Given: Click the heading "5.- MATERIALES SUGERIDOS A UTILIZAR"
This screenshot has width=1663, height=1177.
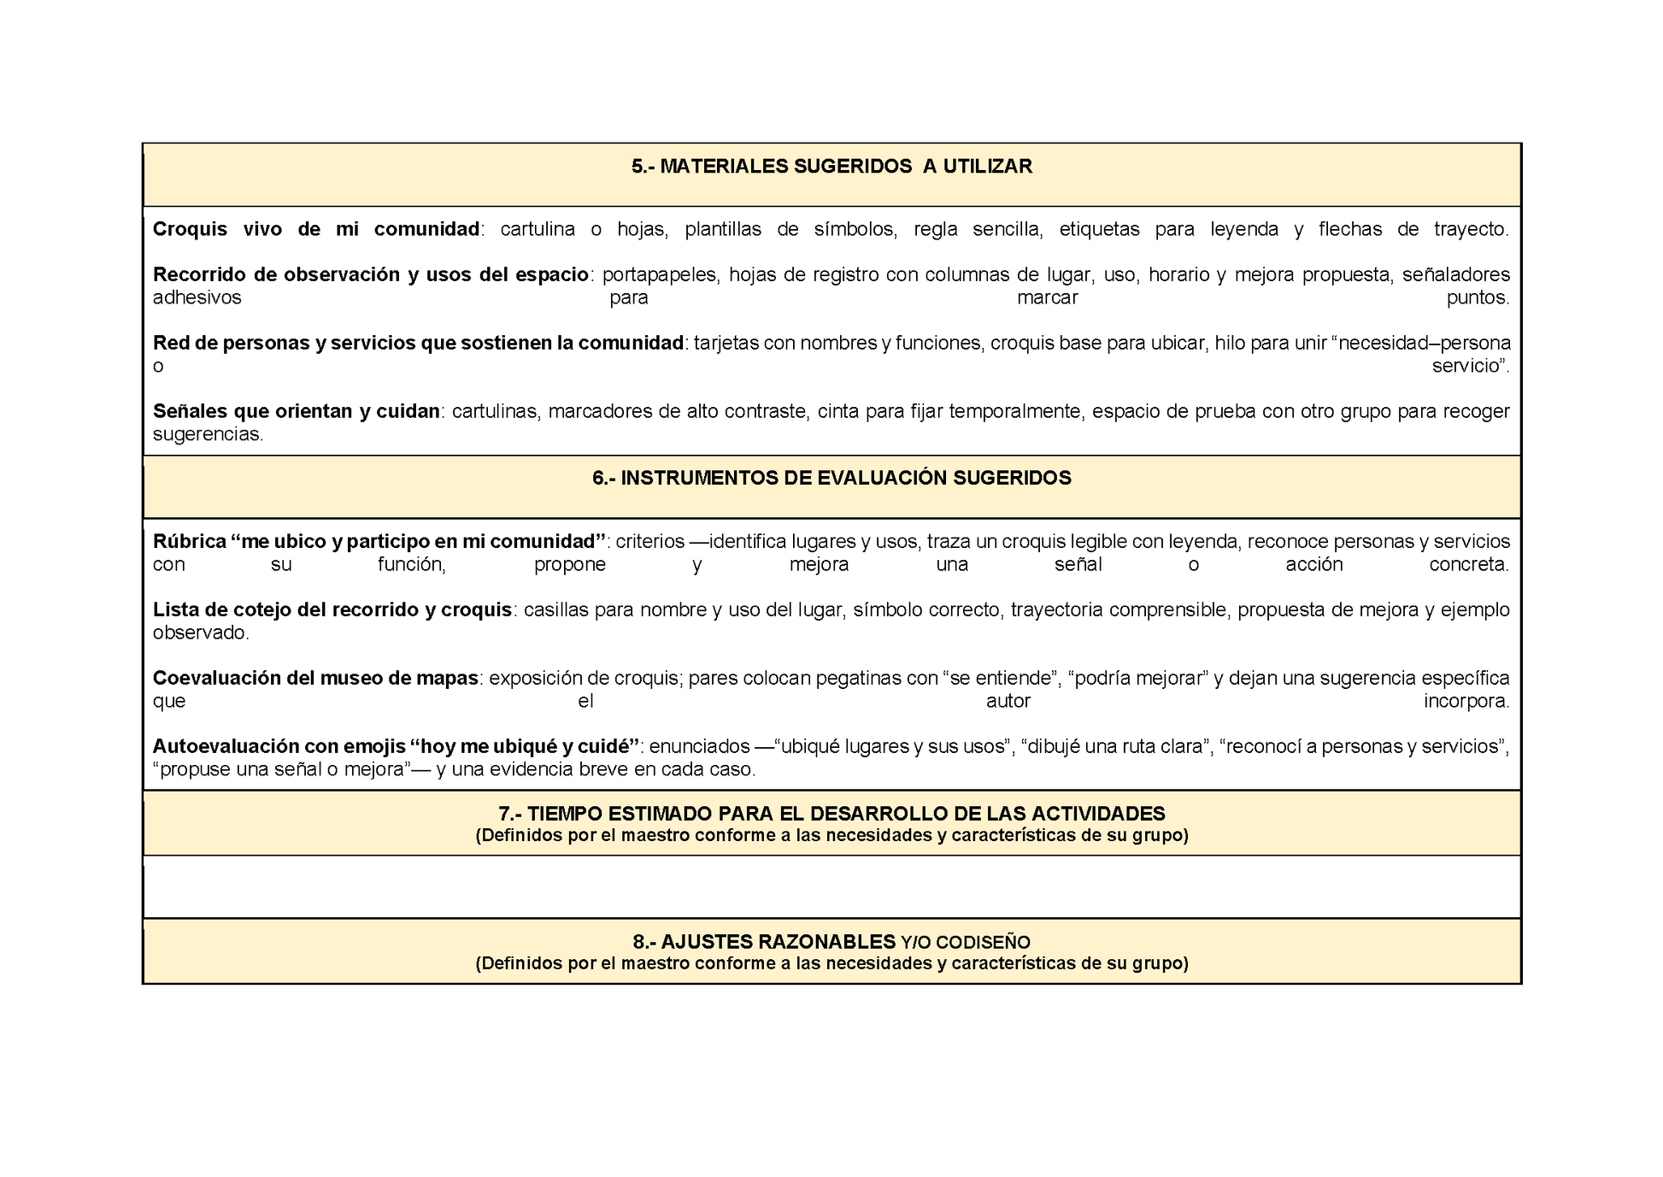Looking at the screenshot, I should coord(831,167).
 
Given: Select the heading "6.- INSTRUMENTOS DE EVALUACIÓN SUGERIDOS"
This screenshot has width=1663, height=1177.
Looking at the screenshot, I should coord(831,478).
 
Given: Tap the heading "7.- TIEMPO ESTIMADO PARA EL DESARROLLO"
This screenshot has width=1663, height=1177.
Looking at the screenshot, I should coord(831,814).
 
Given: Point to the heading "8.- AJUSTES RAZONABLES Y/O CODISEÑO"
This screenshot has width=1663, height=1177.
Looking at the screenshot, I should coord(831,942).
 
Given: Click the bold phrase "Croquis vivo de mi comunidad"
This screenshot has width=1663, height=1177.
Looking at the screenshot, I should coord(316,229).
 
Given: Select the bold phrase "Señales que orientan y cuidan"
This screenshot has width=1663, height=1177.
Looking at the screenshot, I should coord(297,411).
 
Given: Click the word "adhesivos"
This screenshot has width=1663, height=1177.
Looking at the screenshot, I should coord(197,297).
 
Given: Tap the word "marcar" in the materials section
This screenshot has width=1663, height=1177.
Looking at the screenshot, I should coord(1047,297).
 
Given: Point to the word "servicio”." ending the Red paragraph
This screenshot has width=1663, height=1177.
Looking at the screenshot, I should coord(1471,366).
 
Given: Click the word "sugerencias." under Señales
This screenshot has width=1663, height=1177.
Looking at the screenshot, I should coord(209,434).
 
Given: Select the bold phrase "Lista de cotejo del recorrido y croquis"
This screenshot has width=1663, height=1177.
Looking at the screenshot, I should coord(332,610).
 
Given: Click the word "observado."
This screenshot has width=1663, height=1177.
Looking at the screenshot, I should coord(201,633).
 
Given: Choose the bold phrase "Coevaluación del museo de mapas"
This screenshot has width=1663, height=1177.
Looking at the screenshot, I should coord(315,679).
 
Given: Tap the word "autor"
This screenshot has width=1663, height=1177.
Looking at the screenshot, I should coord(1008,702).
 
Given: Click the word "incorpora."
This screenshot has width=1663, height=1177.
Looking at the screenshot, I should coord(1466,702).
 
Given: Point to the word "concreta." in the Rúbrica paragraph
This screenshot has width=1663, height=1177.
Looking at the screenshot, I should coord(1469,565).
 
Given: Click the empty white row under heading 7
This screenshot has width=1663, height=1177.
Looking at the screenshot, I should coord(831,887).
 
